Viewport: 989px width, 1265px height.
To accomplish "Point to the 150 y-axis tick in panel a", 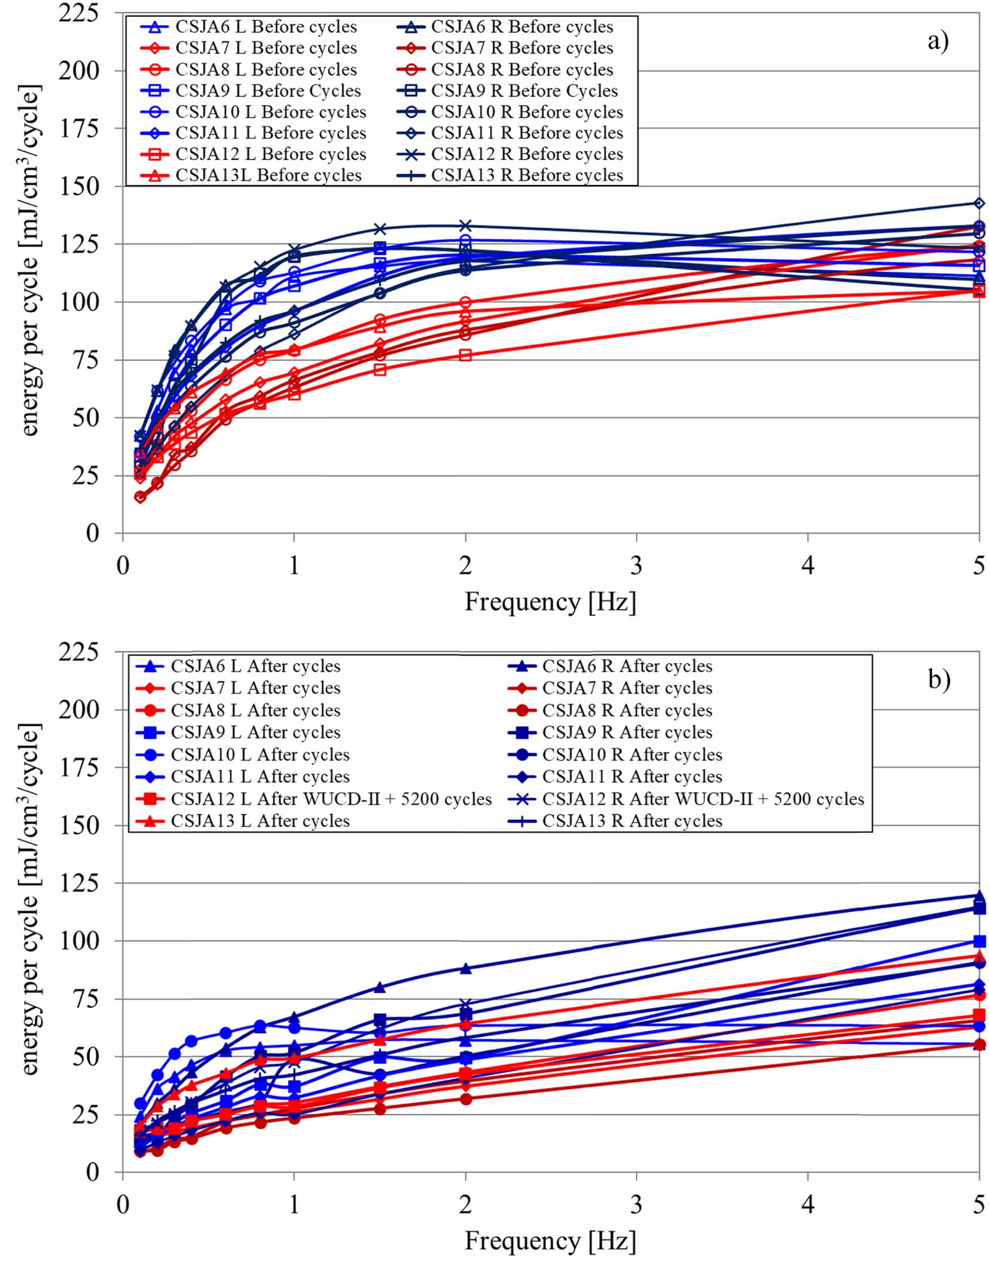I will pos(87,186).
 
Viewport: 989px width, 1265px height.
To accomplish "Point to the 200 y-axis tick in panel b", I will pos(87,709).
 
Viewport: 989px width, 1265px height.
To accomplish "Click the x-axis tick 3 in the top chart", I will pos(636,565).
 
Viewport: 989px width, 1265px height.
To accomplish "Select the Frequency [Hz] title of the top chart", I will pos(550,603).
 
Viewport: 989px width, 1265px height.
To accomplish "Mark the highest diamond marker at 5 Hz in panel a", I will pos(979,203).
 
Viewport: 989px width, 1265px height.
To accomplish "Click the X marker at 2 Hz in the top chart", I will pos(466,226).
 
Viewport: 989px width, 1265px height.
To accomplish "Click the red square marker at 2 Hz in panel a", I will pos(466,355).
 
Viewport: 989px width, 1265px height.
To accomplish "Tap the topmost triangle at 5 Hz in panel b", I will pos(979,896).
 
